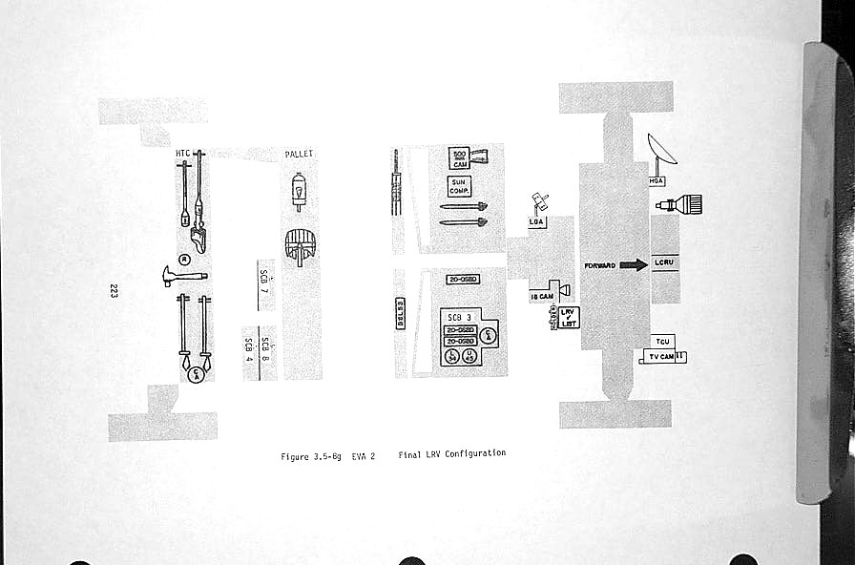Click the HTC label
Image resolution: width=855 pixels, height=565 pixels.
tap(184, 154)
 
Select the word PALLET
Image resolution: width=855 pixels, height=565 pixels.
tap(299, 154)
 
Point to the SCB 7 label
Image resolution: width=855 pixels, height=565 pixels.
tap(264, 282)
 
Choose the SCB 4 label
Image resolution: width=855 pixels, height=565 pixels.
tap(248, 349)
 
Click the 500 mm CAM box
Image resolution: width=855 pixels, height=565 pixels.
tap(460, 158)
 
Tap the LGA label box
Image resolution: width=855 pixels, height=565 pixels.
tap(536, 221)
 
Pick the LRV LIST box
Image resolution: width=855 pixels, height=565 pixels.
tap(569, 317)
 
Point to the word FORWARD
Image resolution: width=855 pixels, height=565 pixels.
tap(600, 264)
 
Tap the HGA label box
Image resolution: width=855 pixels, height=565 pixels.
tap(657, 180)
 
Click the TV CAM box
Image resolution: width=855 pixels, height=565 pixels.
tap(661, 357)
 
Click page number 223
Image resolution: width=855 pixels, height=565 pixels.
tap(114, 291)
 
